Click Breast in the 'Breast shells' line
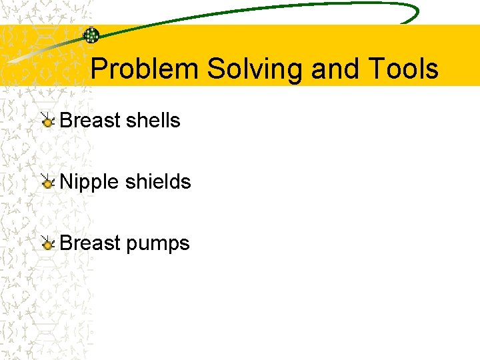tap(89, 121)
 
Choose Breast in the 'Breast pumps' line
tap(89, 243)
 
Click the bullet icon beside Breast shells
tap(47, 121)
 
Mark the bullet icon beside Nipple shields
tap(47, 183)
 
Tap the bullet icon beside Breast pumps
tap(47, 244)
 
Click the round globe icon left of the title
tap(91, 35)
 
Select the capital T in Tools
tap(371, 69)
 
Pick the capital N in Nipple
tap(66, 182)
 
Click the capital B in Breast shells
tap(66, 121)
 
